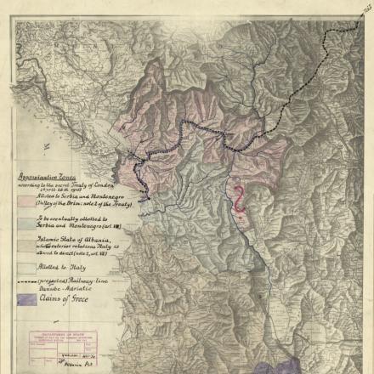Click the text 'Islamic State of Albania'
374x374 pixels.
72,241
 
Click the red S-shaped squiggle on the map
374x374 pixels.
240,199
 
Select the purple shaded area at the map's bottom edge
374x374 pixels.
280,365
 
